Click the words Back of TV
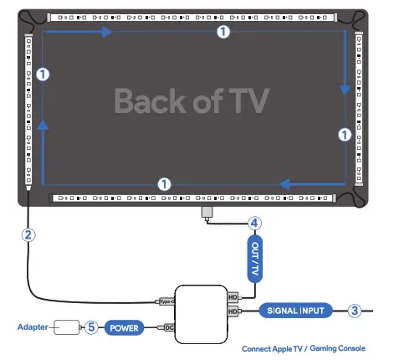coord(192,101)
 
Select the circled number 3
coord(355,311)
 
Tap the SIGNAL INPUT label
coord(294,311)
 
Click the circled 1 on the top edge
coord(222,32)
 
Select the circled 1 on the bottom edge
coord(165,183)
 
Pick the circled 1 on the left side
coord(43,74)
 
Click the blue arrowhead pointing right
coord(106,32)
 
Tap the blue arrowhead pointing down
coord(344,89)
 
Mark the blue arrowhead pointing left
coord(284,183)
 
